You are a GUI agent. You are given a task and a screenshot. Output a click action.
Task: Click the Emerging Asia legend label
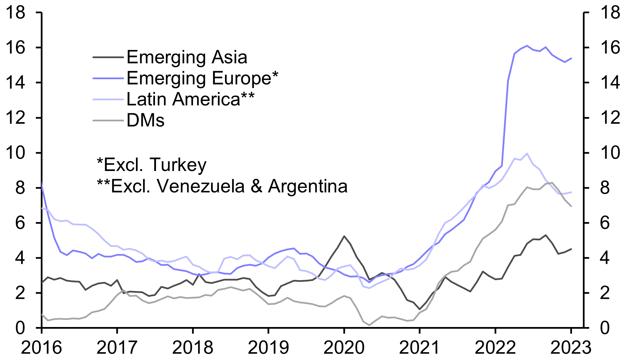[x=187, y=57]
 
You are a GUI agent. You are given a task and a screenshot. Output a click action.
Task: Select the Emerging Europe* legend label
[x=202, y=78]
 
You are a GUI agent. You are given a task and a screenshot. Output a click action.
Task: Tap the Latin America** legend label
[x=190, y=99]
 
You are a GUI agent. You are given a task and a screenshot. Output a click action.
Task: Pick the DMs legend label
[x=145, y=120]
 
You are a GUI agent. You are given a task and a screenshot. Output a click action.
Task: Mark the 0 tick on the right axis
[x=605, y=328]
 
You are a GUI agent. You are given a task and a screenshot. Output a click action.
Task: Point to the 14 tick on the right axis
[x=610, y=83]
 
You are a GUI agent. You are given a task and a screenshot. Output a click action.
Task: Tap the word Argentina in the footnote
[x=308, y=186]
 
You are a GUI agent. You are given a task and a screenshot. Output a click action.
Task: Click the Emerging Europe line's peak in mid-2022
[x=527, y=46]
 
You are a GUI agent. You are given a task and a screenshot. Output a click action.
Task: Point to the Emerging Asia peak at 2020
[x=344, y=236]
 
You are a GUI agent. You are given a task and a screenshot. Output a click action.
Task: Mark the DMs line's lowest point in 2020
[x=369, y=325]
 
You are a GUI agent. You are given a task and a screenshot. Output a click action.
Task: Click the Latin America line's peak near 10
[x=527, y=153]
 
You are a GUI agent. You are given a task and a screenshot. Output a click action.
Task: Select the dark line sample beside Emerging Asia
[x=108, y=57]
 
